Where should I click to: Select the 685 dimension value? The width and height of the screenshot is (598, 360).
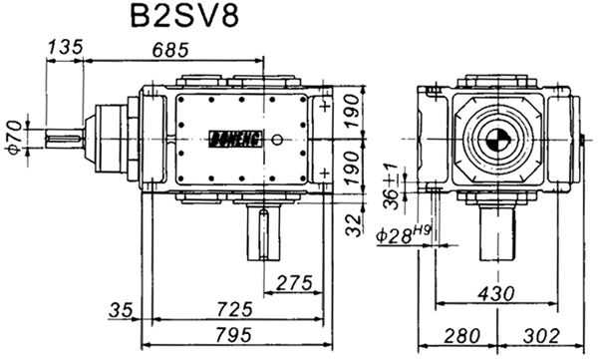(x=173, y=48)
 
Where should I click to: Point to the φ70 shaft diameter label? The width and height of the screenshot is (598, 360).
(x=12, y=135)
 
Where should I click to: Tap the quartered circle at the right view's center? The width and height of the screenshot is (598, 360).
(x=490, y=139)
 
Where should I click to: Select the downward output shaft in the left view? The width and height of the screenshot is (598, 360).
(x=263, y=233)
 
